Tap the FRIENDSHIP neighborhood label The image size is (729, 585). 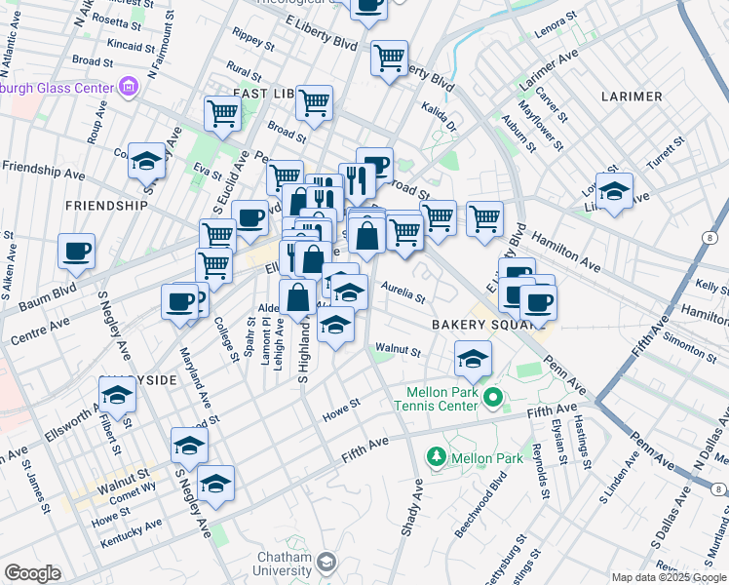tap(106, 206)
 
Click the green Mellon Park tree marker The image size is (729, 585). tap(437, 455)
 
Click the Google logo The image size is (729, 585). tap(32, 573)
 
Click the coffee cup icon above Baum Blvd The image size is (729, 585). tap(76, 252)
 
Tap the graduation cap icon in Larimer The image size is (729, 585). tap(614, 191)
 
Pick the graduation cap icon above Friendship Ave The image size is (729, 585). tap(146, 161)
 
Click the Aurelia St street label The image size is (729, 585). tap(403, 291)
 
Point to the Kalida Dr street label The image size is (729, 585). tap(439, 118)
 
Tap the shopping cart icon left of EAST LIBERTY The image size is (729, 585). tap(222, 113)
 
